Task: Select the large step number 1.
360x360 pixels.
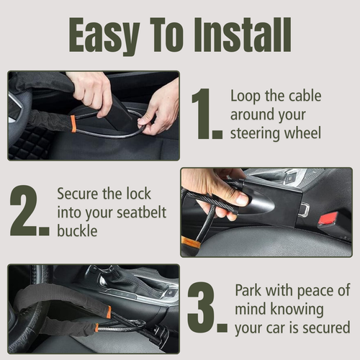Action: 204,115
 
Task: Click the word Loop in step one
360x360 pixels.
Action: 246,95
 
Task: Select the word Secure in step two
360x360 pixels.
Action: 80,194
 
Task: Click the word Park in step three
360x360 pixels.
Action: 250,290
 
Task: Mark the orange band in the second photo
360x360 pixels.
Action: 190,242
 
